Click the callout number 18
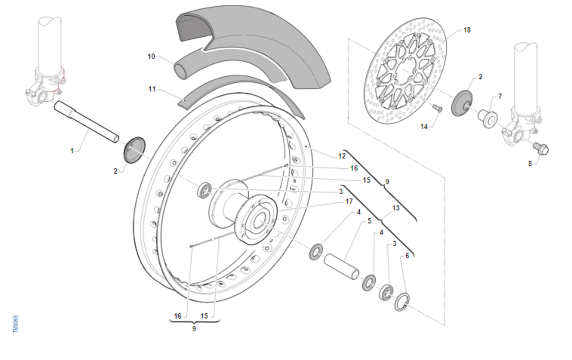[467, 30]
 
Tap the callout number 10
[151, 56]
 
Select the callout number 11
[152, 89]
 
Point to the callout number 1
[72, 151]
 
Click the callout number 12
[342, 156]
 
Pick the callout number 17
[349, 201]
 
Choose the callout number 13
[396, 208]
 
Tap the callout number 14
[424, 126]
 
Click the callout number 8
[530, 164]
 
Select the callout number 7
[500, 96]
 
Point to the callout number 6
[407, 256]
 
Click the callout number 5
[369, 221]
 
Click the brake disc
[406, 71]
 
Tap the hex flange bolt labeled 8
[541, 149]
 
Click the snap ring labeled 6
[402, 302]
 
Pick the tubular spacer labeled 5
[341, 267]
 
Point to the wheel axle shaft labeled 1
[87, 122]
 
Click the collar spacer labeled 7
[488, 119]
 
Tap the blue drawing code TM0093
[15, 324]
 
